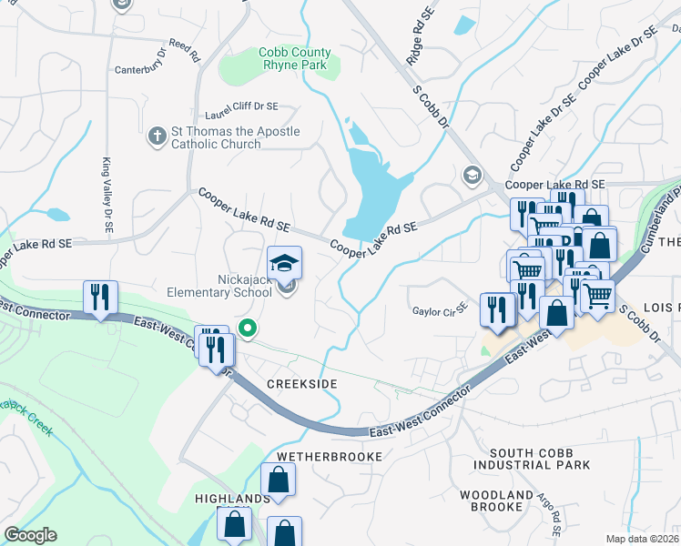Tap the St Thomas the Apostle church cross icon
pyautogui.click(x=157, y=137)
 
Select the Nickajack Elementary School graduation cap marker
pyautogui.click(x=285, y=263)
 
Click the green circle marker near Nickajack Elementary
pyautogui.click(x=246, y=328)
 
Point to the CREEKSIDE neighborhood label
pyautogui.click(x=301, y=385)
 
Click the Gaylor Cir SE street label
pyautogui.click(x=440, y=309)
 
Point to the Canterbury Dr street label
pyautogui.click(x=143, y=69)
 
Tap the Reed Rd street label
pyautogui.click(x=184, y=50)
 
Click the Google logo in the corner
pyautogui.click(x=30, y=535)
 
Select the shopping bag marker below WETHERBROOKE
pyautogui.click(x=278, y=480)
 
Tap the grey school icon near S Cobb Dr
pyautogui.click(x=472, y=174)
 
